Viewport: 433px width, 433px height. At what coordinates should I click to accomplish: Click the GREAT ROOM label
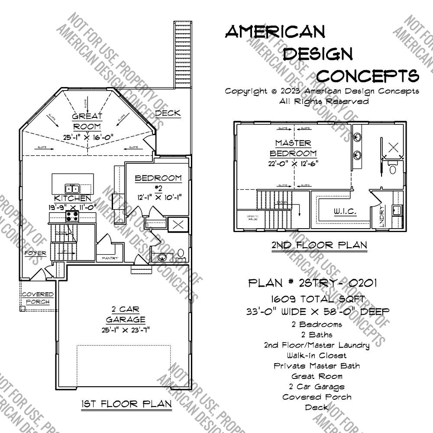pos(87,121)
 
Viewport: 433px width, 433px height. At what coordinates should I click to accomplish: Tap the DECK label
pos(168,113)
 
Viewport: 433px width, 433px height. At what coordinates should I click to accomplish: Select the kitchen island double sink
pos(72,188)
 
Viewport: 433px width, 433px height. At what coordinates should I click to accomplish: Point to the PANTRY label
pos(110,258)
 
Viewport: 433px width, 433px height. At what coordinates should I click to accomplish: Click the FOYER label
pos(35,253)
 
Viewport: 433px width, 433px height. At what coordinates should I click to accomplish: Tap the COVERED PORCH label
pos(38,298)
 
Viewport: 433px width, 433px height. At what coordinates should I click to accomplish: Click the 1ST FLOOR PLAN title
pos(126,404)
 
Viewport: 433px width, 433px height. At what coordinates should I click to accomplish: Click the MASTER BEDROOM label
pos(293,148)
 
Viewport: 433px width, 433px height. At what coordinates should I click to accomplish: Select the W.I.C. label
pos(345,212)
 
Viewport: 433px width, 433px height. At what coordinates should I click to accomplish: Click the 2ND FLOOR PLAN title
pos(319,245)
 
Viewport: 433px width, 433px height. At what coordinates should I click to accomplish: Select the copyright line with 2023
pos(322,91)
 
